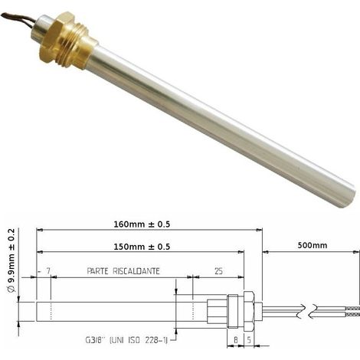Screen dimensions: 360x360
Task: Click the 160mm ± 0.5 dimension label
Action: coord(142,224)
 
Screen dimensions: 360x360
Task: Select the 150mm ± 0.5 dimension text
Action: coord(142,247)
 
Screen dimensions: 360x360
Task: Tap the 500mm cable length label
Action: coord(313,245)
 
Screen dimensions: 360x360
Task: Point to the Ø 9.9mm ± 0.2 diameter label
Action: coord(11,260)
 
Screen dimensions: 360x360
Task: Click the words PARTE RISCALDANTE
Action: coord(123,271)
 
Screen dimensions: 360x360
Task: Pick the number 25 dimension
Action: coord(218,271)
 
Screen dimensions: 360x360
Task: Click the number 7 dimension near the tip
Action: coord(48,271)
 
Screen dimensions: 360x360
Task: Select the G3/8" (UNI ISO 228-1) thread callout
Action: coord(126,340)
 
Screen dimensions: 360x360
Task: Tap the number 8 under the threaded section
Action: coord(236,340)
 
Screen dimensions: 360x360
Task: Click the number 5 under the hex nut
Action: coord(249,340)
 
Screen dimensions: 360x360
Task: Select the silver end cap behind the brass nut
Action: coord(41,31)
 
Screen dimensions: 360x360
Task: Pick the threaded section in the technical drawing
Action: coord(233,311)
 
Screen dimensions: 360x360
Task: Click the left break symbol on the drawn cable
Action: coord(301,311)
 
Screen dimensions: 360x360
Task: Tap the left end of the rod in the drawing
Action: coord(37,312)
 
